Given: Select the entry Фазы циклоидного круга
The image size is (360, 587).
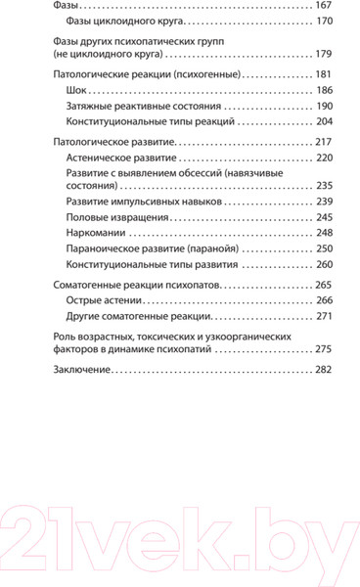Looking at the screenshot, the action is coord(122,20).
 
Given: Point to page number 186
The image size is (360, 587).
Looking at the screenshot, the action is coord(323,89).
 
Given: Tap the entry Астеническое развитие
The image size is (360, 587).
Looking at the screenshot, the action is coord(120,157).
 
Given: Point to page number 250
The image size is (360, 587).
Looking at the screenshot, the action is coord(323,248).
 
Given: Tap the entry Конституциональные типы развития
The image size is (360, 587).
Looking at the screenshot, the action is coord(150,264).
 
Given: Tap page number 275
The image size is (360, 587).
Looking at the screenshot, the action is coord(323,349).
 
